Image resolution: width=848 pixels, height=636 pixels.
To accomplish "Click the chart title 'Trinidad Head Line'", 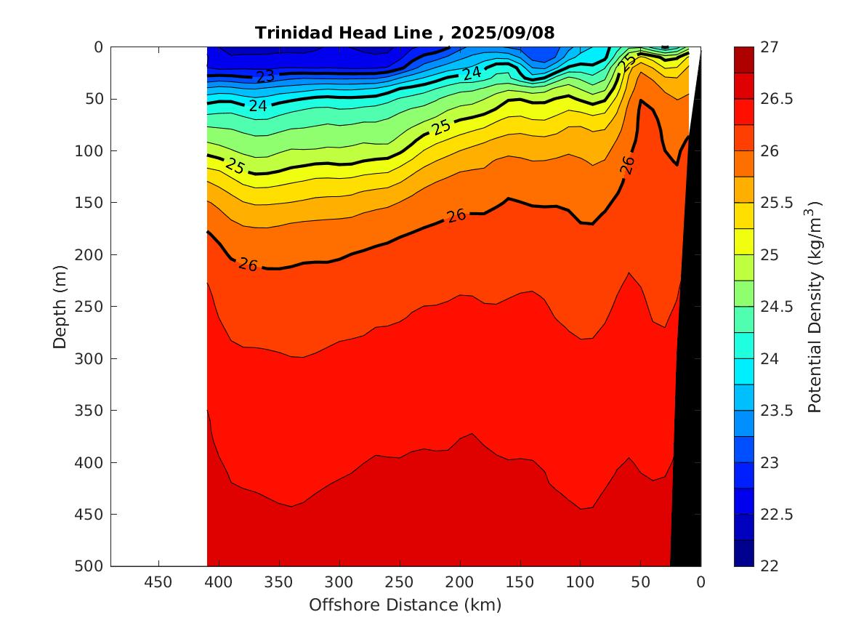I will click(348, 33).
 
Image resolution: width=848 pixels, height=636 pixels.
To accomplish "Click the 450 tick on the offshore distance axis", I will click(158, 582).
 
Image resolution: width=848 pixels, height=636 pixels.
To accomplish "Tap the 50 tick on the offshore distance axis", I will click(640, 582).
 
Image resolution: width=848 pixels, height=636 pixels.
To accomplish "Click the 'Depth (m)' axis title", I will click(60, 306).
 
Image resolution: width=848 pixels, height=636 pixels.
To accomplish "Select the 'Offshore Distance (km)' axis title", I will click(405, 605).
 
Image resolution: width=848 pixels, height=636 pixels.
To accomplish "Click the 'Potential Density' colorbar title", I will click(815, 306).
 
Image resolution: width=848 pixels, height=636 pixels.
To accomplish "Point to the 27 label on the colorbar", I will click(770, 47).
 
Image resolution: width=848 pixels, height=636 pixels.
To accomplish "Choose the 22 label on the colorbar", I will click(770, 566).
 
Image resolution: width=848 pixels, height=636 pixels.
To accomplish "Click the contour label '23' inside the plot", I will click(265, 76).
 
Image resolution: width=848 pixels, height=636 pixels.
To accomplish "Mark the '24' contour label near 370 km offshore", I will click(258, 105).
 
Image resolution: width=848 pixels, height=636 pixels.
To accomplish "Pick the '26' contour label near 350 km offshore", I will click(248, 265).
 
